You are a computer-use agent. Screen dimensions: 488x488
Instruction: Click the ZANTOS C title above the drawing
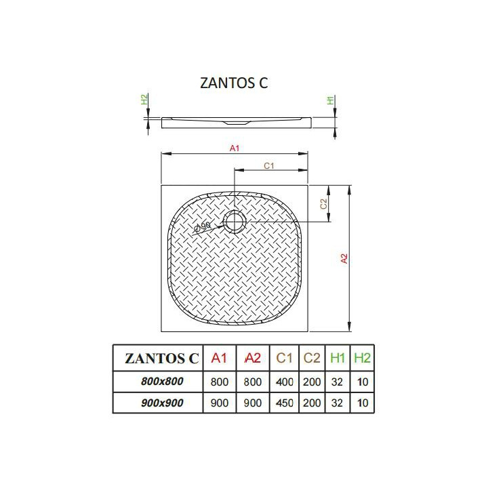235,83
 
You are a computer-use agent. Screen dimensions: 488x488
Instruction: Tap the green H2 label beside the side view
144,100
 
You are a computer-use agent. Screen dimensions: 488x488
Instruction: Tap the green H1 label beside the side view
330,101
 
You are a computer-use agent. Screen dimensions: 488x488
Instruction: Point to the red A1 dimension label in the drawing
235,148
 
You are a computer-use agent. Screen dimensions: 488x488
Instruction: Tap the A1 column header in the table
220,358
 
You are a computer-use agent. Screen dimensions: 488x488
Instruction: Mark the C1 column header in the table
285,358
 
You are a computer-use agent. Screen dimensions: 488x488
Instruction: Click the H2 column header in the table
363,358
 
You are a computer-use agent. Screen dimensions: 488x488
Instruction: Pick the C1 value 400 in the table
285,382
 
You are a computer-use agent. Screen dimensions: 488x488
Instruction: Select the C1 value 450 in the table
285,403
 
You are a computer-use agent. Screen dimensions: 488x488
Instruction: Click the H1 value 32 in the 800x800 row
338,382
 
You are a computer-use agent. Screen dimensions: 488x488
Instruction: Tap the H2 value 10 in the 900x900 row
363,403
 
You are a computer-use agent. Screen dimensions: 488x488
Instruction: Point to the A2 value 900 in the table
252,403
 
